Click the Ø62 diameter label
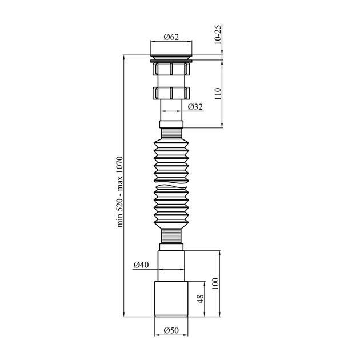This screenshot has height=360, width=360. click(x=171, y=37)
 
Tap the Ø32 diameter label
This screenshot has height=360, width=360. click(x=195, y=107)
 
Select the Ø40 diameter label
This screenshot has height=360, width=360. click(x=141, y=265)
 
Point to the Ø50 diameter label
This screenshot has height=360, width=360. click(x=171, y=330)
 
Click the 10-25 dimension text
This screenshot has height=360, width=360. click(x=218, y=34)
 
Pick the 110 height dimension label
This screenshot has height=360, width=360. click(x=218, y=94)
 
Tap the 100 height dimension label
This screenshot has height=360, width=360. click(x=215, y=283)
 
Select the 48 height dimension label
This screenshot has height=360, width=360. click(x=201, y=299)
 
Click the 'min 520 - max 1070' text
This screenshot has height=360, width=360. click(x=120, y=191)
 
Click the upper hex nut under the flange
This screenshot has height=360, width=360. click(x=171, y=69)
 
